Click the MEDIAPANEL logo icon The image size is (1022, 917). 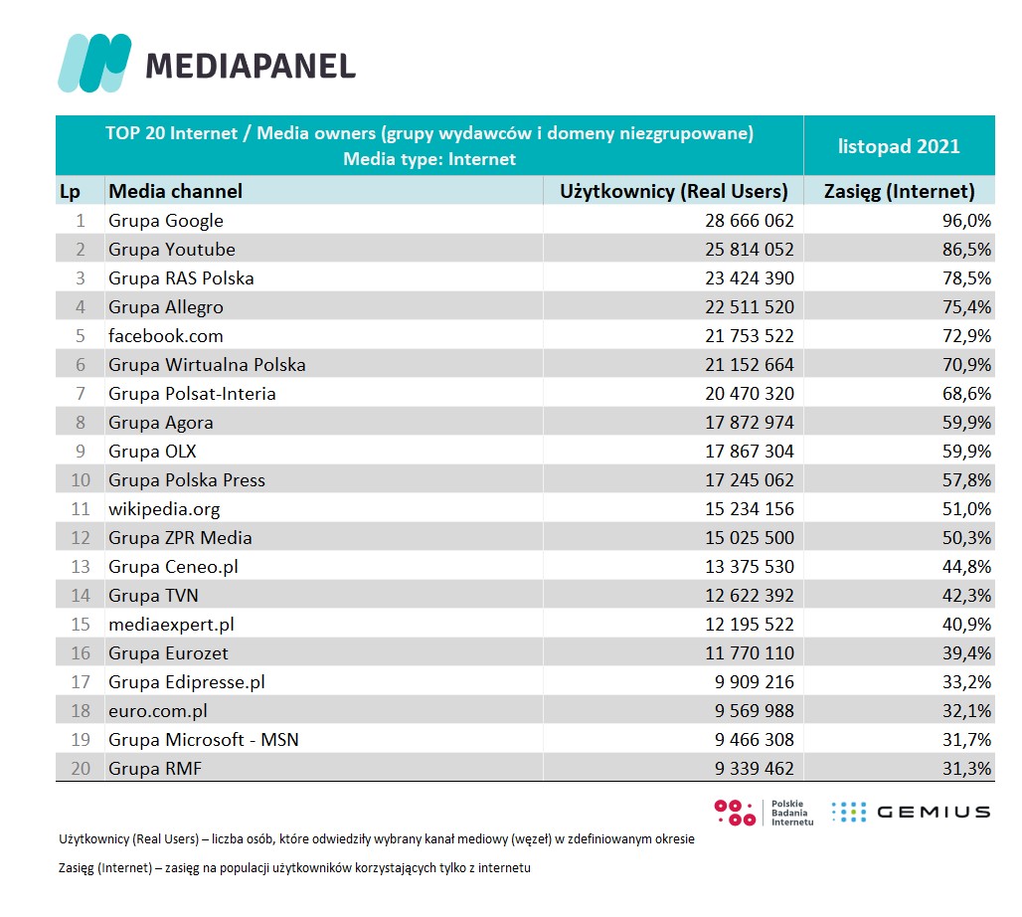[94, 63]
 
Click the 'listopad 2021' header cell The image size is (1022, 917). [899, 146]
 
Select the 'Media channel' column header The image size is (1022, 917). [175, 191]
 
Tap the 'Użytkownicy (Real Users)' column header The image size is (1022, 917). [674, 191]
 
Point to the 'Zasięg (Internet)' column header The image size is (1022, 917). [900, 191]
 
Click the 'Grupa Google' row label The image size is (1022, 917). [166, 221]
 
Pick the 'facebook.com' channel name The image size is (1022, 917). [166, 336]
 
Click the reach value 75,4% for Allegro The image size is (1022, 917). [966, 307]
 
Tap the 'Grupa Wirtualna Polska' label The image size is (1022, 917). [207, 365]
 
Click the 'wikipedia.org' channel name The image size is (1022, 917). [164, 509]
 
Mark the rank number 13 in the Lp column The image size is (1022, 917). [81, 567]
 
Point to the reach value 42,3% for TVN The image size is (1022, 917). [966, 596]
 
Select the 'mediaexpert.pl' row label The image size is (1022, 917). [171, 625]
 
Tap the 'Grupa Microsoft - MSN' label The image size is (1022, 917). [204, 740]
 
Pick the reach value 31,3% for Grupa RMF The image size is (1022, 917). [966, 769]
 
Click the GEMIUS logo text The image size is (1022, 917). [933, 813]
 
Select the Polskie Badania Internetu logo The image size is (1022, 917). [765, 813]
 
